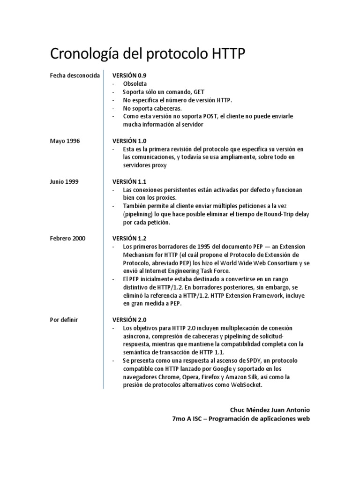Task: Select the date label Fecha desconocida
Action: tap(75, 75)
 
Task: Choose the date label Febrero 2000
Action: tap(68, 238)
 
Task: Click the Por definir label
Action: tap(64, 320)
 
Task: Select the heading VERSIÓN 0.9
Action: tap(129, 75)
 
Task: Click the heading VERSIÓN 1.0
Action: tap(129, 140)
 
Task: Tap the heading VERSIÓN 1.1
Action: tap(129, 181)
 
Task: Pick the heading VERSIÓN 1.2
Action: tap(129, 238)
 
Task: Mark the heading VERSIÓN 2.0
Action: tap(129, 320)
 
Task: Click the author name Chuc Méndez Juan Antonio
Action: tap(270, 410)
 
